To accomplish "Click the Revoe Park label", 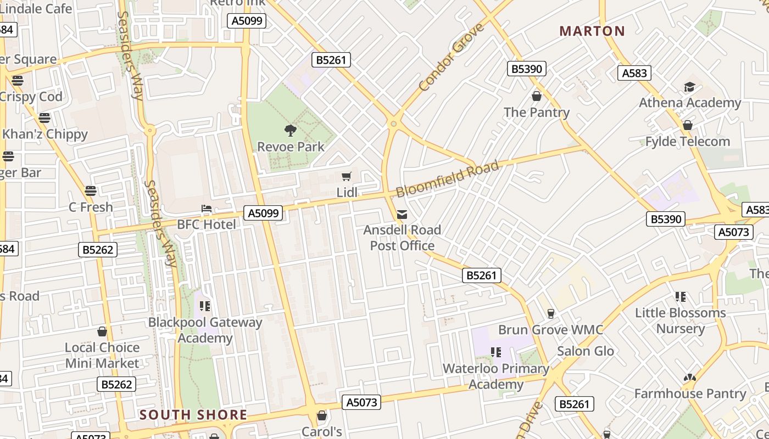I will point(291,147).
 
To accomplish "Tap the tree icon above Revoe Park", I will point(291,131).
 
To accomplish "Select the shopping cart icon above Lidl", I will point(347,176).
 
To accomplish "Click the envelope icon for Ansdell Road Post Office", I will point(402,214).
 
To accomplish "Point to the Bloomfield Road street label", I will point(448,179).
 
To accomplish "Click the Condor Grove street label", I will point(452,57).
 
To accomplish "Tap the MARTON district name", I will point(592,31).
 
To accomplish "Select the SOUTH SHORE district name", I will point(193,415).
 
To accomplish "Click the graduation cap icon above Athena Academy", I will point(689,87).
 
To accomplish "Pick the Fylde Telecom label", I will point(688,142).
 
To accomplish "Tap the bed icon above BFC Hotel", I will point(207,209).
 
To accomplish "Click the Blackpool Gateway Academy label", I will point(205,330).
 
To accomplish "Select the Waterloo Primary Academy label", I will point(496,376).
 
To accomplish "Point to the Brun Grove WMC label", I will point(550,330).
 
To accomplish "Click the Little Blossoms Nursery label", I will point(681,320).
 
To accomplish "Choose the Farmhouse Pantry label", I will point(690,393).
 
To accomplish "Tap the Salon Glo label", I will point(586,351).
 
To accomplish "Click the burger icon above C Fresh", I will point(91,191).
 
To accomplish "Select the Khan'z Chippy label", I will point(45,134).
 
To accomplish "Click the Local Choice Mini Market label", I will point(102,355).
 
